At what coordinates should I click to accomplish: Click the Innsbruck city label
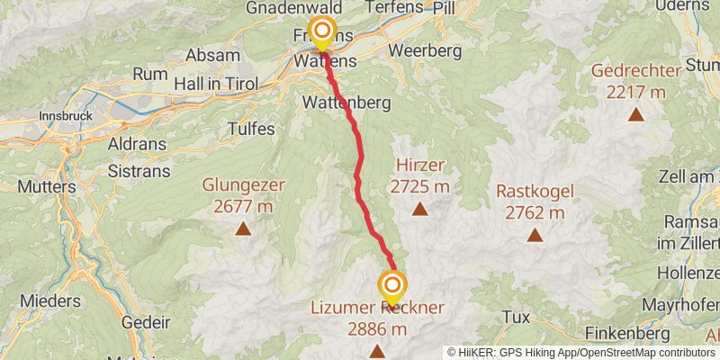tap(67, 116)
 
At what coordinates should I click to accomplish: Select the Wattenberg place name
tap(347, 103)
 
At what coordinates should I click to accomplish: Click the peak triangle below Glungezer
tap(243, 229)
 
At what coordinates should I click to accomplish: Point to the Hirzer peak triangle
tap(419, 210)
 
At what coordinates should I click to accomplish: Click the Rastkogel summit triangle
tap(535, 236)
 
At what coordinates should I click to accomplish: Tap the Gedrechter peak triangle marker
tap(636, 114)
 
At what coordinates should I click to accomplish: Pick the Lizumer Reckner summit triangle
tap(377, 352)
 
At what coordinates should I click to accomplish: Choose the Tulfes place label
tap(252, 129)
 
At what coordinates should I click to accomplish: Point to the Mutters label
tap(45, 186)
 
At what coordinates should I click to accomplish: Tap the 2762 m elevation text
tap(535, 213)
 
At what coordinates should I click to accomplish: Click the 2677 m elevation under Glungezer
tap(244, 206)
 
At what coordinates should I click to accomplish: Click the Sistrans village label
tap(132, 170)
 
